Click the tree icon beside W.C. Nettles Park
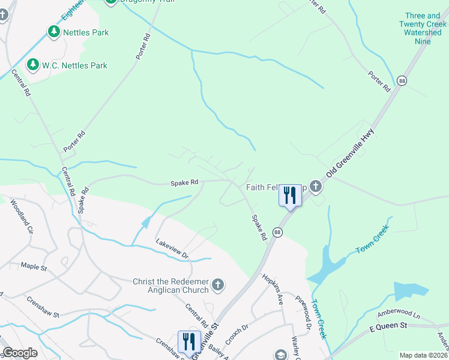tap(32, 64)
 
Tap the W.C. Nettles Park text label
tap(74, 65)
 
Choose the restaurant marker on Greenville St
tap(189, 343)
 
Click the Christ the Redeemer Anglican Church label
tap(170, 286)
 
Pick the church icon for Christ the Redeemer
tap(218, 284)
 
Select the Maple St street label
tap(34, 265)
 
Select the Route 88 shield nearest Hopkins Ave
tap(277, 232)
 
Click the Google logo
tap(20, 353)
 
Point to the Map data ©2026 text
tap(423, 355)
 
